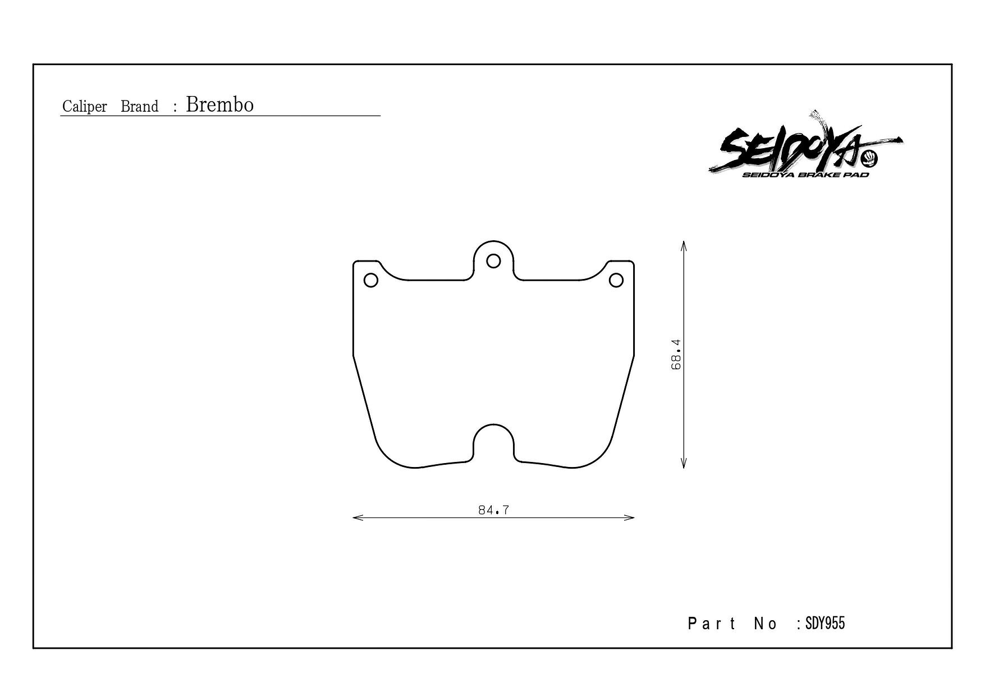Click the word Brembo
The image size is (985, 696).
(x=219, y=104)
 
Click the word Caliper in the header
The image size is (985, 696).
(x=85, y=107)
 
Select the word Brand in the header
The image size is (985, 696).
(x=140, y=107)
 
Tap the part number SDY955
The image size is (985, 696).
(x=824, y=623)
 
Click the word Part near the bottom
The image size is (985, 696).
(x=712, y=624)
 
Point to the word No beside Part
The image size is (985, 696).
(x=766, y=624)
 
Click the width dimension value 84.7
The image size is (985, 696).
(x=494, y=510)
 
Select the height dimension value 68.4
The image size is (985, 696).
(x=676, y=354)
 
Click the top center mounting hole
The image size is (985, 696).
(x=493, y=261)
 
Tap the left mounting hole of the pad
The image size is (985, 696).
(x=370, y=280)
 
